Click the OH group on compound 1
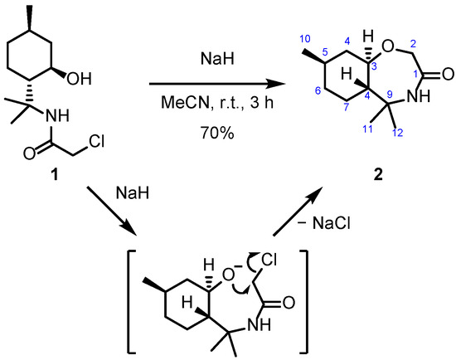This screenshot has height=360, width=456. pyautogui.click(x=79, y=79)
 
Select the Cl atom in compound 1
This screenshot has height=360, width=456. pyautogui.click(x=96, y=142)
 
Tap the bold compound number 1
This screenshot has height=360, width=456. pyautogui.click(x=55, y=175)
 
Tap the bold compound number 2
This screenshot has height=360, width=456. pyautogui.click(x=378, y=175)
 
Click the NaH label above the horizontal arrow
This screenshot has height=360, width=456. pyautogui.click(x=217, y=59)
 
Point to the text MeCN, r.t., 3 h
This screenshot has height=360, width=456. pyautogui.click(x=217, y=102)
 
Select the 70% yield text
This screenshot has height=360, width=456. pyautogui.click(x=217, y=134)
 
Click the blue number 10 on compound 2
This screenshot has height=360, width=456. pyautogui.click(x=305, y=38)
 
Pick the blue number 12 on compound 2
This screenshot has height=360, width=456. pyautogui.click(x=398, y=133)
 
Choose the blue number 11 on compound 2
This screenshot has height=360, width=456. pyautogui.click(x=368, y=129)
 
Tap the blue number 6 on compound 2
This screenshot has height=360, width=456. pyautogui.click(x=318, y=91)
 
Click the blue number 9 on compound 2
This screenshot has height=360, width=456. pyautogui.click(x=390, y=94)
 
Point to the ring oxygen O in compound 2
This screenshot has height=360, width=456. pyautogui.click(x=388, y=46)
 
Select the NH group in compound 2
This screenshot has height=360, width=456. pyautogui.click(x=418, y=95)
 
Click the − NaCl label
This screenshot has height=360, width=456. pyautogui.click(x=324, y=223)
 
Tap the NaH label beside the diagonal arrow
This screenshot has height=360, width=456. pyautogui.click(x=133, y=192)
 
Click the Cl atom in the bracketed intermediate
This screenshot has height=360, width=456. pyautogui.click(x=269, y=260)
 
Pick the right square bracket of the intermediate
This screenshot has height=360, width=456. pyautogui.click(x=305, y=300)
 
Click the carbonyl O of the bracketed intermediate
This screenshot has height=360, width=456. pyautogui.click(x=289, y=303)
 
